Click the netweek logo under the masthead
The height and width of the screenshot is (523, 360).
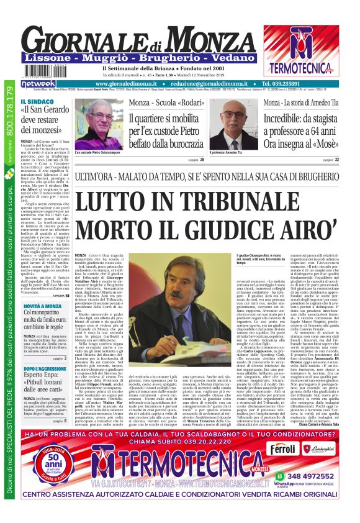point(38,83)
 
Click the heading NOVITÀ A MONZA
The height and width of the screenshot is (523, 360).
point(42,305)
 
